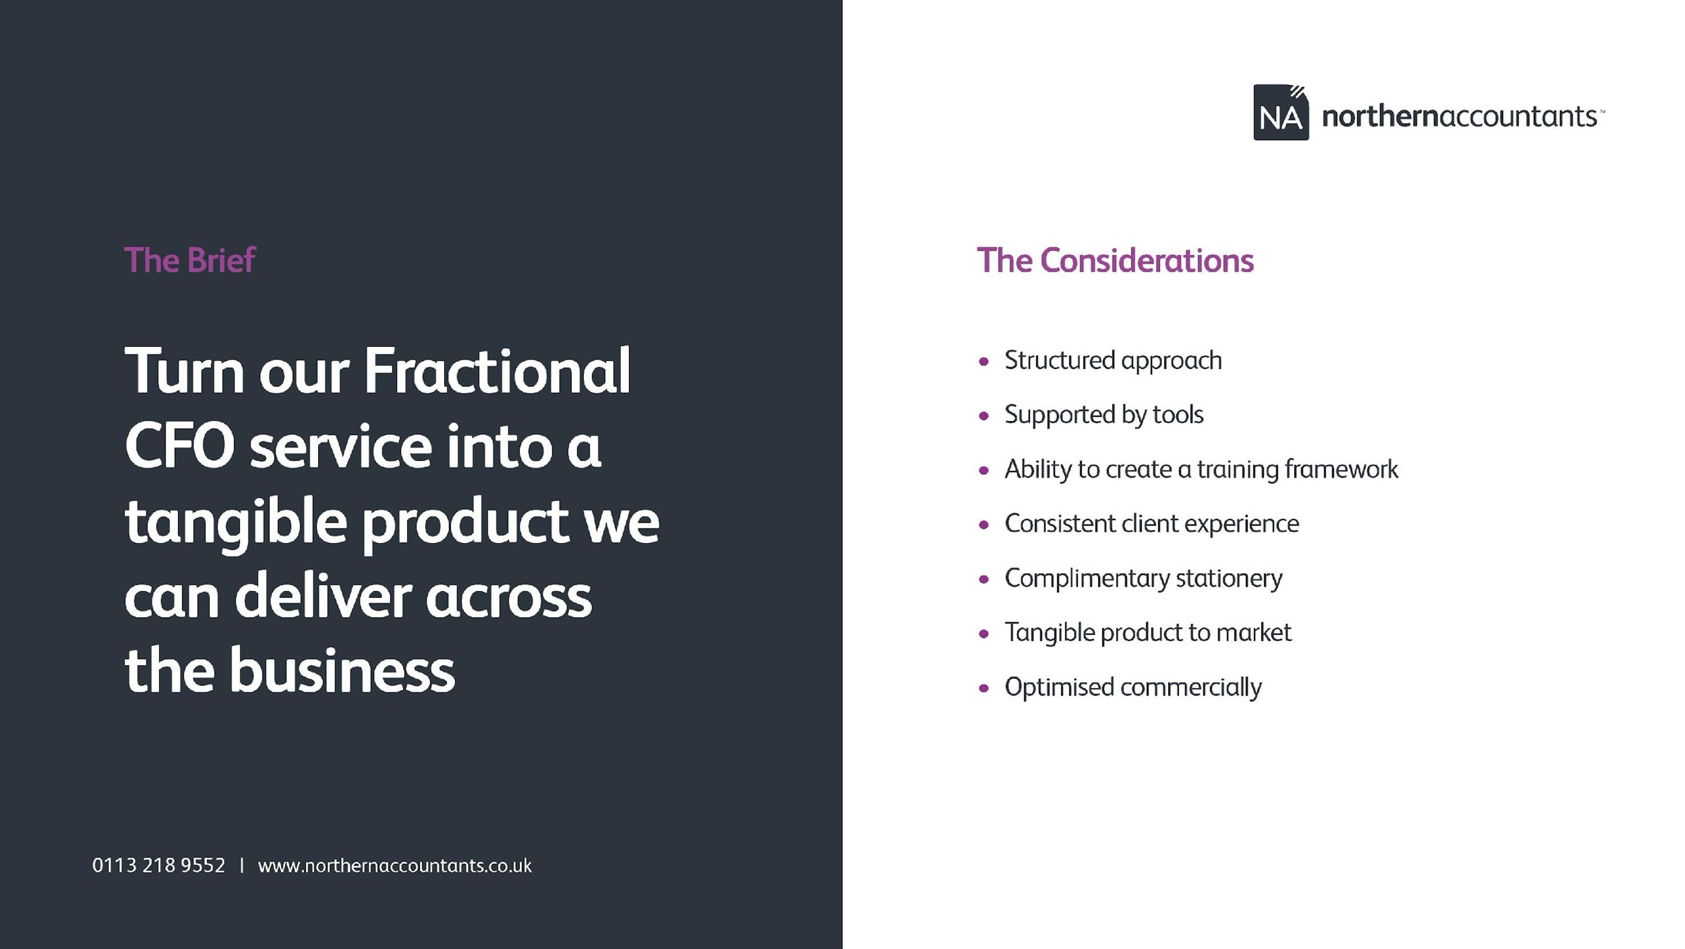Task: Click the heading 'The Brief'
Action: tap(190, 260)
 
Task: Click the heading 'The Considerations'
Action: tap(1115, 260)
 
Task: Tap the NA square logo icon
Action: tap(1281, 112)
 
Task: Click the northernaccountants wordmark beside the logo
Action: tap(1462, 116)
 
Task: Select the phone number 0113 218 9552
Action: tap(159, 865)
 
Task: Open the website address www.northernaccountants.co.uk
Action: tap(395, 866)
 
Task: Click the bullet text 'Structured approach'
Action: tap(1113, 361)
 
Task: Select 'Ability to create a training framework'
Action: tap(1201, 469)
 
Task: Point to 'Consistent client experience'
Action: tap(1151, 524)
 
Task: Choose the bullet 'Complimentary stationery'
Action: tap(1143, 579)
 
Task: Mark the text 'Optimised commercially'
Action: tap(1133, 687)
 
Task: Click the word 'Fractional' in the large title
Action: tap(497, 370)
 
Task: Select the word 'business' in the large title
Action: tap(341, 670)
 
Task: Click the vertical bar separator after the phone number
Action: tap(242, 865)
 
